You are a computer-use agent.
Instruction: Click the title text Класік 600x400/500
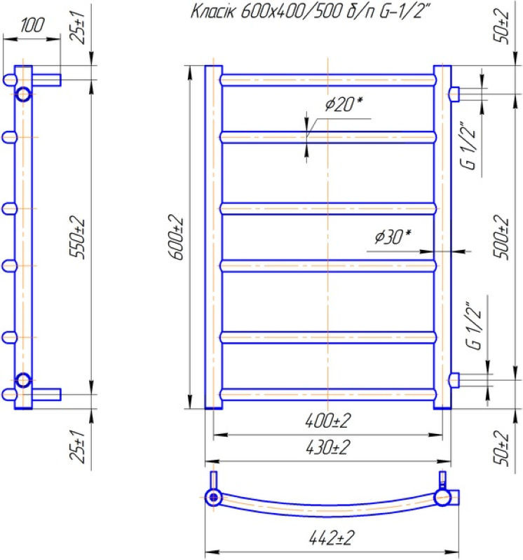(266, 12)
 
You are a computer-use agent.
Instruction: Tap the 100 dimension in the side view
(32, 25)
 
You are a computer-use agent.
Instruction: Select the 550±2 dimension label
(78, 237)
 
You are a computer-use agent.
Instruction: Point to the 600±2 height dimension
(176, 237)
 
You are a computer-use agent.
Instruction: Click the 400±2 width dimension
(327, 421)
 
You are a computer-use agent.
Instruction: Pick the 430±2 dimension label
(327, 447)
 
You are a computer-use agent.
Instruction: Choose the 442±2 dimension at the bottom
(332, 538)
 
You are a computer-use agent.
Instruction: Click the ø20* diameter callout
(344, 104)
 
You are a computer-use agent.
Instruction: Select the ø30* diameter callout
(393, 237)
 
